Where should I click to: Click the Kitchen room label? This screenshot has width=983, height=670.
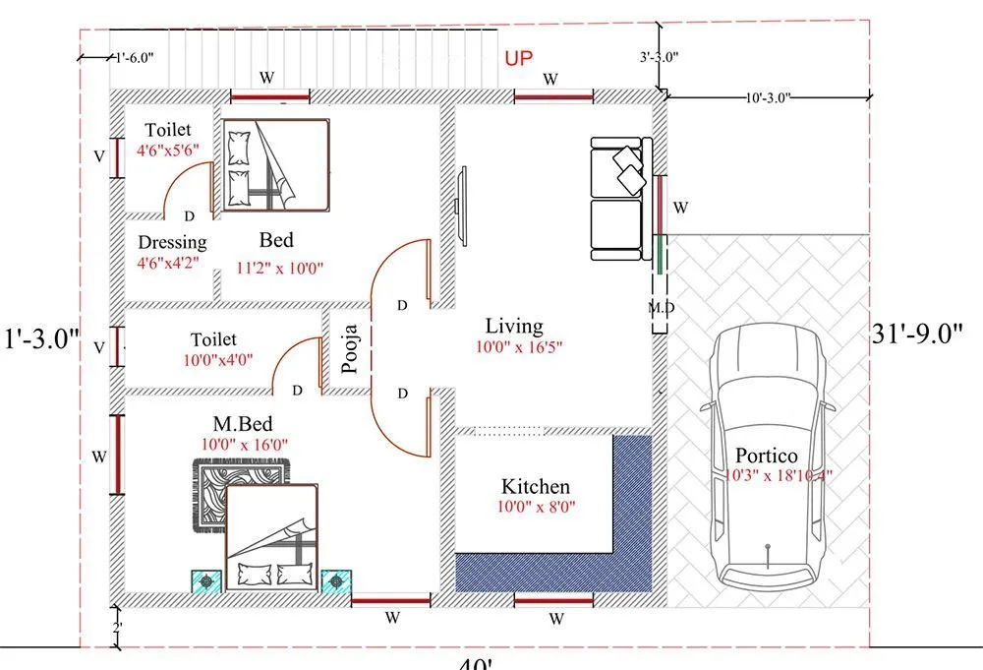536,487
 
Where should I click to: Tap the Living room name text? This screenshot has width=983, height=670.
514,326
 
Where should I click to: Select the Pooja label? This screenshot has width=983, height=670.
350,349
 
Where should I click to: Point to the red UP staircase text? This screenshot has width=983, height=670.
519,59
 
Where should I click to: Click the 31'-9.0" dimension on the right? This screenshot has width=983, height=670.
919,335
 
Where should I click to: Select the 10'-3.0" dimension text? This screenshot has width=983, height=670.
769,97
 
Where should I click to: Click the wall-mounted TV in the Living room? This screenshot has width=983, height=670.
459,206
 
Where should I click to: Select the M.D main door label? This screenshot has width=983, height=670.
661,307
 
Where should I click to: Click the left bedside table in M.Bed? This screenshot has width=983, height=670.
205,580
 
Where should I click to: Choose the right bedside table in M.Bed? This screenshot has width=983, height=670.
337,580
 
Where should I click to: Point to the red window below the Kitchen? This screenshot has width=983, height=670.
553,598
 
